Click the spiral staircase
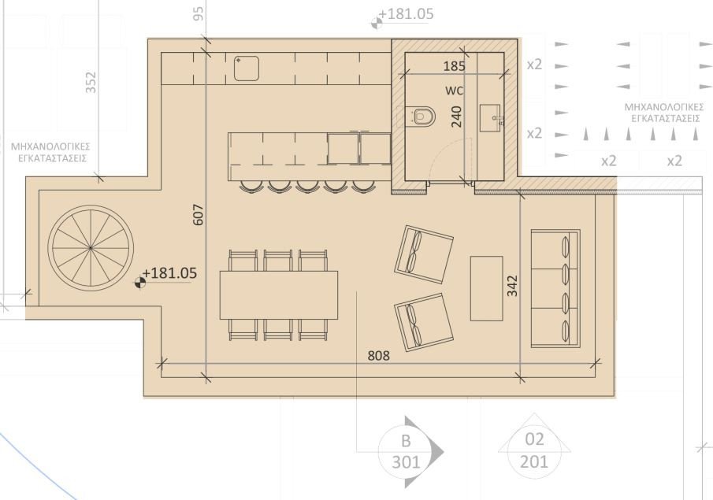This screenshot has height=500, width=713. click(x=90, y=247)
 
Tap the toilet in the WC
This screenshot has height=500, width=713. click(x=422, y=116)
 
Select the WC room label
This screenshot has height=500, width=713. click(x=454, y=90)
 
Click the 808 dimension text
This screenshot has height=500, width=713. click(x=379, y=355)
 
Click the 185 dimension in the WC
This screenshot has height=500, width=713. click(x=454, y=67)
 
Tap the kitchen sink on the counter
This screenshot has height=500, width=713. click(x=247, y=68)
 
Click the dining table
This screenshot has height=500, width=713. click(x=278, y=294)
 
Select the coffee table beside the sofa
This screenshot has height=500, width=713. click(x=486, y=287)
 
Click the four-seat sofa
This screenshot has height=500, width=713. click(x=556, y=288)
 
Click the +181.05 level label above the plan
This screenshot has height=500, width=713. click(x=405, y=14)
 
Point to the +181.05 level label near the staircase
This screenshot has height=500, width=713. click(x=169, y=273)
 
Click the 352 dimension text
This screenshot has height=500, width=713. click(x=91, y=82)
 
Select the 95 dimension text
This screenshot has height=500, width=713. click(x=198, y=13)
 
